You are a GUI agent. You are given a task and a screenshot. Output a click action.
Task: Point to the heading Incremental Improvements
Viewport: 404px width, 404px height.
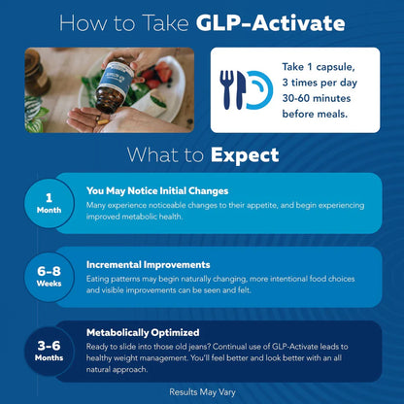click(148, 263)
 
